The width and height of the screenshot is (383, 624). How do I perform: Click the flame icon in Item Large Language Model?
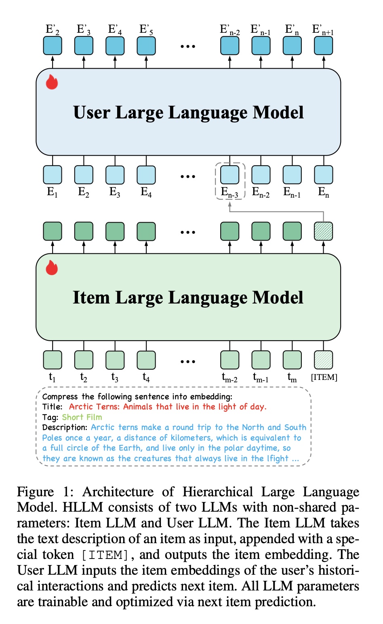point(52,268)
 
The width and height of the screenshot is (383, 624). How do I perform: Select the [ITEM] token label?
point(324,377)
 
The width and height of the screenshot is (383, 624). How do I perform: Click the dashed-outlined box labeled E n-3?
point(230,175)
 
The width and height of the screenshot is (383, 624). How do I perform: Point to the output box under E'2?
point(53,46)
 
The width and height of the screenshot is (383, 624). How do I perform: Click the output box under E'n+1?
point(324,46)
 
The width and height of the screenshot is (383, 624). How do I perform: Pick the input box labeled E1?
point(53,175)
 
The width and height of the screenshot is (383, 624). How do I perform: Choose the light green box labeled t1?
point(53,359)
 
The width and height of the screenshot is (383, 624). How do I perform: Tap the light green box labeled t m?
point(292,359)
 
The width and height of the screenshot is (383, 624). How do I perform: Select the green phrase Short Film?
point(82,417)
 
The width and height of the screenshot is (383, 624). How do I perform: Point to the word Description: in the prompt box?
point(65,427)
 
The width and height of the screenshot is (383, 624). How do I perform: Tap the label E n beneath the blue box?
point(324,192)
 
